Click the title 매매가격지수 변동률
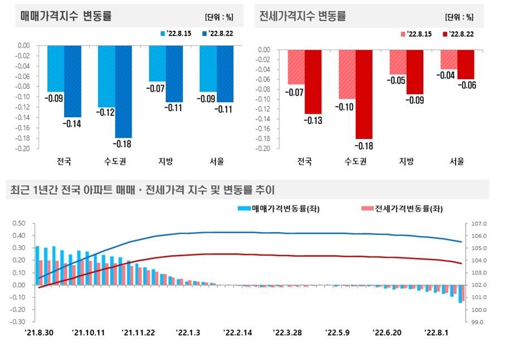pyautogui.click(x=66, y=16)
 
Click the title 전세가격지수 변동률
pyautogui.click(x=303, y=16)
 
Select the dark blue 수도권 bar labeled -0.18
pyautogui.click(x=123, y=91)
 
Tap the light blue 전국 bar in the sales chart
pyautogui.click(x=56, y=68)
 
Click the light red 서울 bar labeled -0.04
pyautogui.click(x=449, y=59)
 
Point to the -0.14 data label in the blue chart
pyautogui.click(x=72, y=124)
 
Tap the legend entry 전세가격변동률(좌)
pyautogui.click(x=405, y=209)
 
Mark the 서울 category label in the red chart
pyautogui.click(x=457, y=162)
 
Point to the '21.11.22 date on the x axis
pyautogui.click(x=138, y=333)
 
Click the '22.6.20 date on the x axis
pyautogui.click(x=387, y=333)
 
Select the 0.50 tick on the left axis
pyautogui.click(x=20, y=223)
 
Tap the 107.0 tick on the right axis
pyautogui.click(x=479, y=223)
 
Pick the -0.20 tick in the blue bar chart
pyautogui.click(x=23, y=148)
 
